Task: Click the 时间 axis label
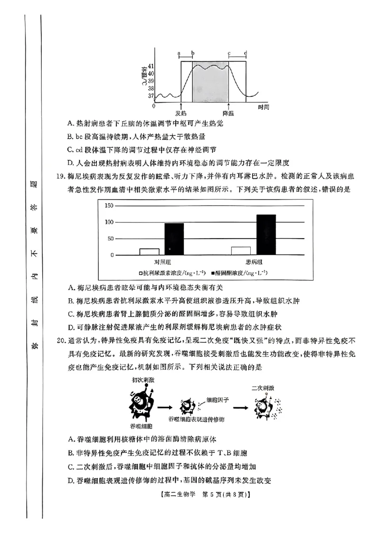(x=264, y=107)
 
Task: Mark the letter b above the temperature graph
(x=192, y=53)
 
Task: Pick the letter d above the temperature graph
(x=246, y=53)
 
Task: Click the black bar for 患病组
(x=266, y=235)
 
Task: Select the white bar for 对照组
(x=149, y=252)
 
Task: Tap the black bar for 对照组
(x=174, y=239)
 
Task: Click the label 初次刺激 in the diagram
(x=143, y=381)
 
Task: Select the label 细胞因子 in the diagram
(x=218, y=400)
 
